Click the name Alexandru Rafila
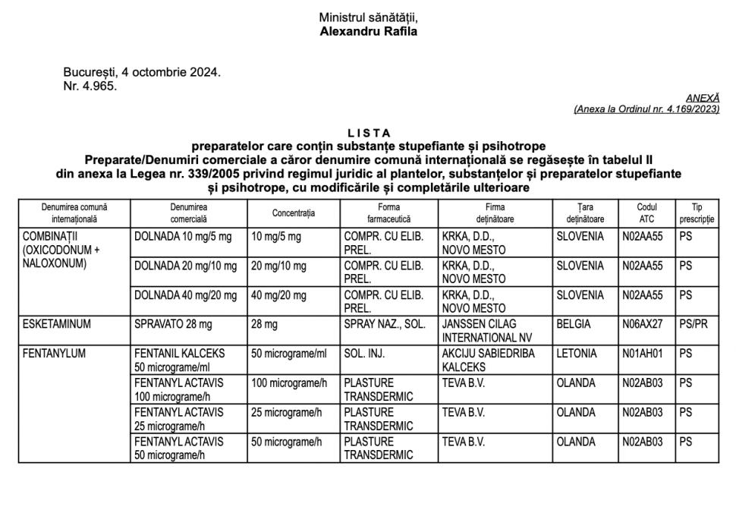pyautogui.click(x=368, y=32)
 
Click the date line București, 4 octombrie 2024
pyautogui.click(x=142, y=73)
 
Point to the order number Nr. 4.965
pyautogui.click(x=90, y=85)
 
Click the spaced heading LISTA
pyautogui.click(x=368, y=134)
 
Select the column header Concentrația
pyautogui.click(x=294, y=212)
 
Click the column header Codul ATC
pyautogui.click(x=646, y=212)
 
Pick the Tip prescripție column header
pyautogui.click(x=697, y=212)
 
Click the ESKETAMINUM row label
pyautogui.click(x=57, y=324)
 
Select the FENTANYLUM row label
pyautogui.click(x=55, y=354)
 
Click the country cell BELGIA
pyautogui.click(x=574, y=324)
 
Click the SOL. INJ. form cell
pyautogui.click(x=363, y=354)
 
